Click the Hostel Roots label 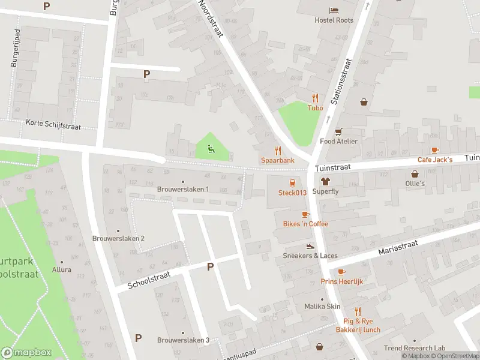pos(334,20)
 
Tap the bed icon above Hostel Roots pos(334,10)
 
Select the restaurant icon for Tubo pos(315,98)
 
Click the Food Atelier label pos(338,141)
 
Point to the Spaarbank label pos(277,160)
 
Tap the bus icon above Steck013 pos(292,183)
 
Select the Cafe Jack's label pos(435,160)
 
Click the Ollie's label pos(415,183)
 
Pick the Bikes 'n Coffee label pos(305,224)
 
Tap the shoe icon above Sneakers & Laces pos(310,246)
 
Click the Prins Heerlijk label pos(341,281)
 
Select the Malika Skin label pos(322,306)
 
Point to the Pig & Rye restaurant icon pos(358,311)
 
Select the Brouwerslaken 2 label pos(118,238)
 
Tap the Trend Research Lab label pos(415,348)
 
